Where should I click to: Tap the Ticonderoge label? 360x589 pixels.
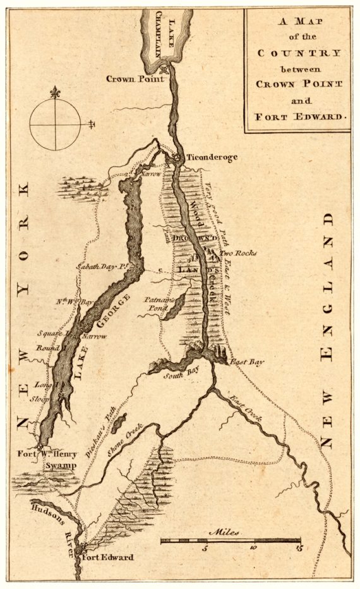click(211, 157)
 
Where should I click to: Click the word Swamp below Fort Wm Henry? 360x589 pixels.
click(60, 466)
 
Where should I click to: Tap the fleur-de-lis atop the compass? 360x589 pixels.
click(55, 92)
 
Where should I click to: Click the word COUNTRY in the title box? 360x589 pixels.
click(298, 54)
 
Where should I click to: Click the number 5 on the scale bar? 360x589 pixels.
click(205, 549)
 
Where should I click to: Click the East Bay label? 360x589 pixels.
click(246, 362)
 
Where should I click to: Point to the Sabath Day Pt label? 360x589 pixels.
click(102, 267)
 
